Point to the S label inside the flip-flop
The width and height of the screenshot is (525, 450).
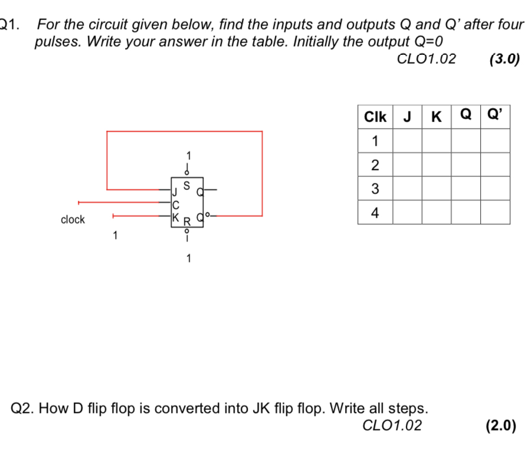tap(187, 185)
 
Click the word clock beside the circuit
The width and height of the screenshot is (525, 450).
tap(73, 219)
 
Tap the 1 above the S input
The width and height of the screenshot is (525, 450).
tap(188, 155)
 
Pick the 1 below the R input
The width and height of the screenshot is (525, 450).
tap(188, 258)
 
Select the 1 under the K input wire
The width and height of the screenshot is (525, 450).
tap(116, 237)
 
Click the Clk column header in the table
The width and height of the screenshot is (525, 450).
tap(375, 117)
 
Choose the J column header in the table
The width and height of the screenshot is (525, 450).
tap(407, 117)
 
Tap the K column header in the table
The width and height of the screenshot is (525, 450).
tap(437, 117)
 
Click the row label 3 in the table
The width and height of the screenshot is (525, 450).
tap(375, 189)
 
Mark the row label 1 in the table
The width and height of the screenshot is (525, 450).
tap(375, 140)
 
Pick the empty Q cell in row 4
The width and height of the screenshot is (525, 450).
tap(466, 213)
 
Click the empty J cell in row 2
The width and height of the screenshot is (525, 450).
tap(407, 165)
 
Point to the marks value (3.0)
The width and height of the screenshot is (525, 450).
tap(504, 58)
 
